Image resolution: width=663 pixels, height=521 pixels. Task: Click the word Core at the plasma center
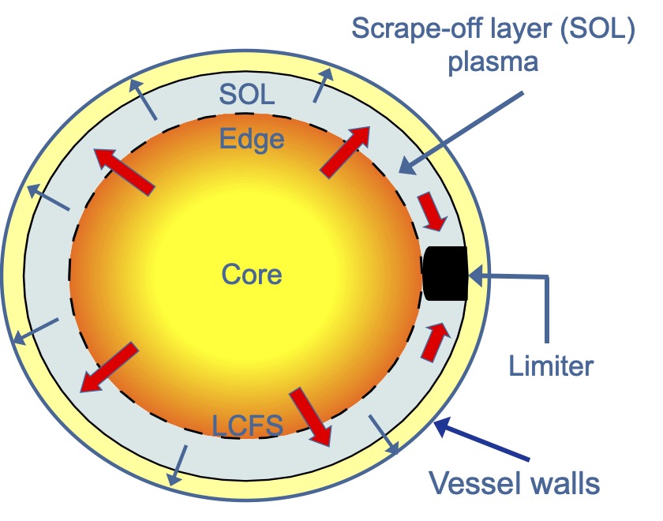click(251, 274)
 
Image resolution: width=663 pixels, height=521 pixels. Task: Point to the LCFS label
click(248, 426)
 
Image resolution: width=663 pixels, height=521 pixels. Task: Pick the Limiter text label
click(551, 365)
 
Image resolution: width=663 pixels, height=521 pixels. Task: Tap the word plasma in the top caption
click(493, 62)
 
